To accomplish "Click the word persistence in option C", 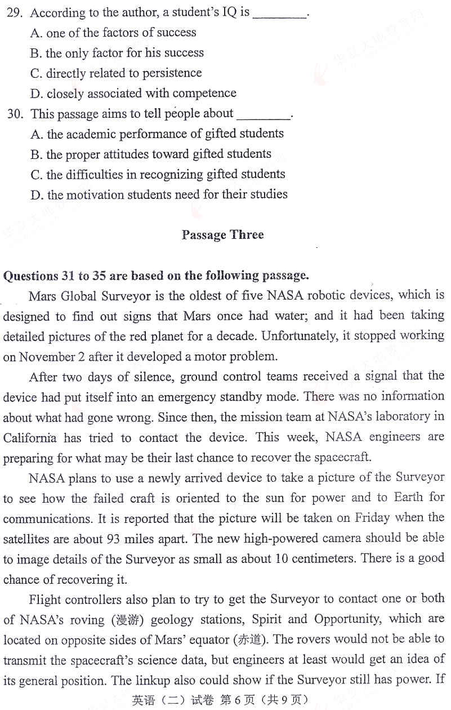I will point(174,73).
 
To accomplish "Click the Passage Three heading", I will point(222,235).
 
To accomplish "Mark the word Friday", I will point(370,518).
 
